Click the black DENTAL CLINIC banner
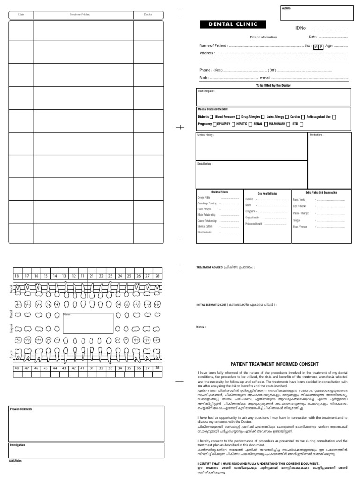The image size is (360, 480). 230,24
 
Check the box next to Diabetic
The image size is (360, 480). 211,117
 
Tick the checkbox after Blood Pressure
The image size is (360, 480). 238,117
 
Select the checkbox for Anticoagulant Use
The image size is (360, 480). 334,117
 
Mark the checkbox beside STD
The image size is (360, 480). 301,124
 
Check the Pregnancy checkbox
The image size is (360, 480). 214,124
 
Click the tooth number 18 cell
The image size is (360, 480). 17,276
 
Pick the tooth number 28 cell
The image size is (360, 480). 157,276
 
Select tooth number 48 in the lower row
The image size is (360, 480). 17,368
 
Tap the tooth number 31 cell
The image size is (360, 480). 92,368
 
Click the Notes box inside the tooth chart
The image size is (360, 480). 88,322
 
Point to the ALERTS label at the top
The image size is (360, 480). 286,8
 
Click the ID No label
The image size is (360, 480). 301,28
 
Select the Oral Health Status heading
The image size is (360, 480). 267,193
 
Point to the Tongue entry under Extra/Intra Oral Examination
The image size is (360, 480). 297,220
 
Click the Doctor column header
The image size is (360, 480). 148,15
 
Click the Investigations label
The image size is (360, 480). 18,445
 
